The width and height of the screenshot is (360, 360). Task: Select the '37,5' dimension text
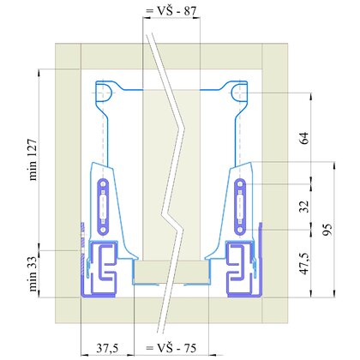tap(106, 349)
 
